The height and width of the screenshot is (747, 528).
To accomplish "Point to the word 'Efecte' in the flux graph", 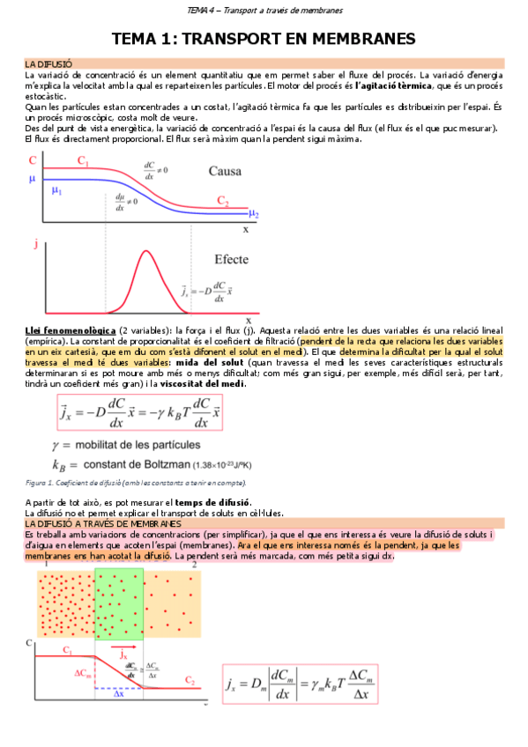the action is [231, 259].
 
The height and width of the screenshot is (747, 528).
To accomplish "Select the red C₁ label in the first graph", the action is [83, 161].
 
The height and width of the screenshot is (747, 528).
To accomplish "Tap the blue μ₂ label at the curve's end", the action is [253, 212].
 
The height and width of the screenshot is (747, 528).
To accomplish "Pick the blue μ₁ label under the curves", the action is [56, 190].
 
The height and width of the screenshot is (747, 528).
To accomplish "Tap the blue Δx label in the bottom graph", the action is [117, 694].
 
